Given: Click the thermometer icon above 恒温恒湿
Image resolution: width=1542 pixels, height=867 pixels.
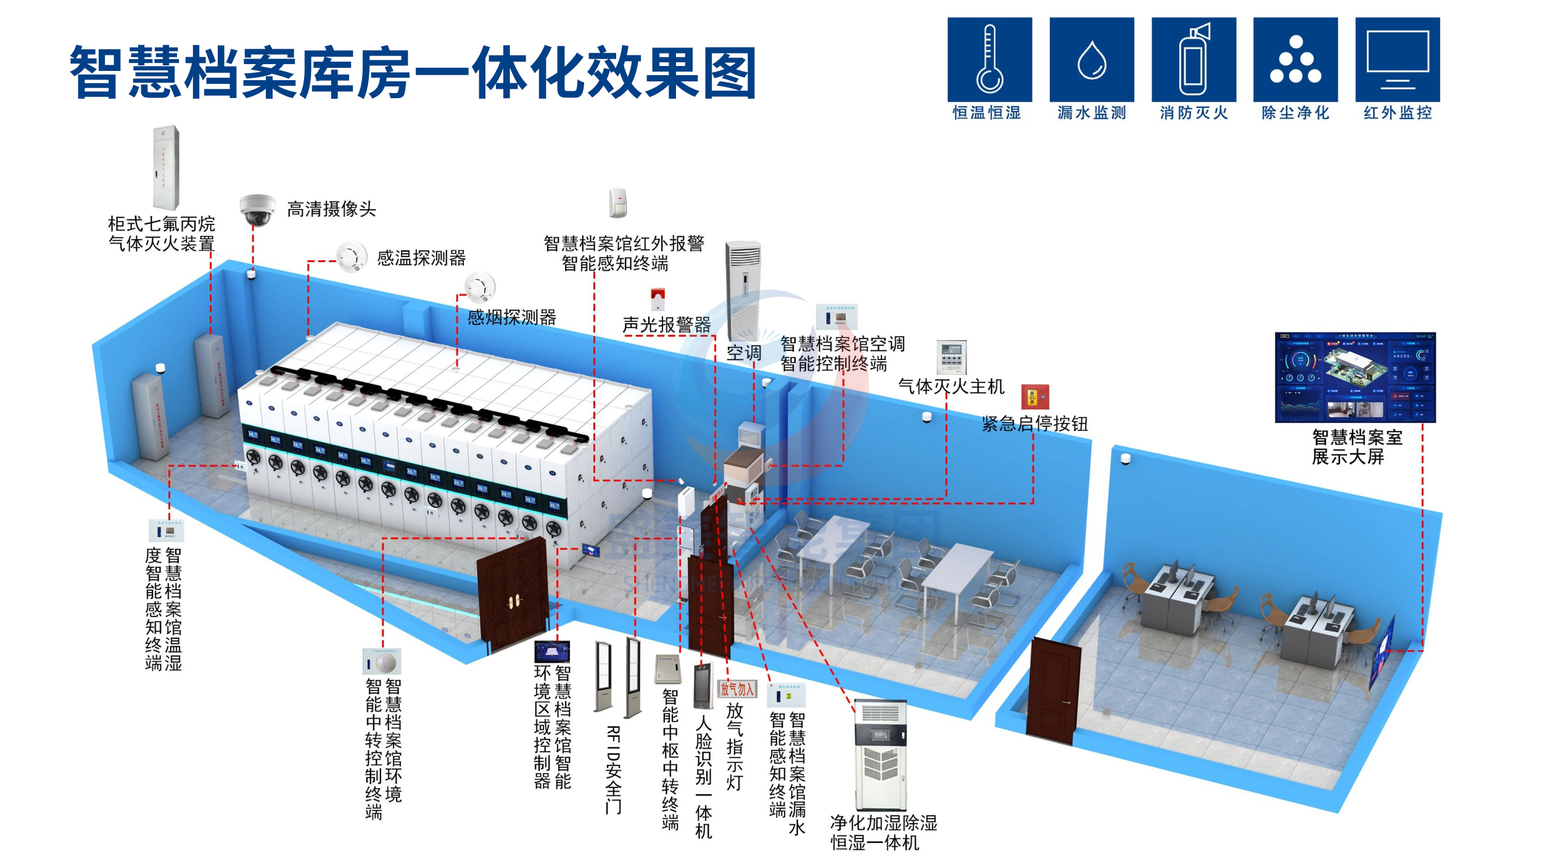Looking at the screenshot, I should pos(989,59).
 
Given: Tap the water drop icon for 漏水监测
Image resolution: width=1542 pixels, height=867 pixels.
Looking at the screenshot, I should pos(1091,60).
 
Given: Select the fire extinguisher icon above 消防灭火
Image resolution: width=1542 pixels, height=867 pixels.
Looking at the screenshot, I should pos(1194,59).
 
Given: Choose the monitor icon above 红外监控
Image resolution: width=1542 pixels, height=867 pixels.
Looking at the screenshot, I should pos(1397,59).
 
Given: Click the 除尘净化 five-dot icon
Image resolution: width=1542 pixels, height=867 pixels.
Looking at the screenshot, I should pos(1295,59).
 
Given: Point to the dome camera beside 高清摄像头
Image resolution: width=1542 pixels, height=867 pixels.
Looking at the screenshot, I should pos(257,210).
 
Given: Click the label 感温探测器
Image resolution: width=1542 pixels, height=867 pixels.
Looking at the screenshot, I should pos(421,258).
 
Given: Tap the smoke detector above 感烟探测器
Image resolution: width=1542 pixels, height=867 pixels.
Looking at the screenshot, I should pos(479,286).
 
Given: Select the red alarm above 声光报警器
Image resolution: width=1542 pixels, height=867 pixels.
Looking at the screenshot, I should pos(658,300).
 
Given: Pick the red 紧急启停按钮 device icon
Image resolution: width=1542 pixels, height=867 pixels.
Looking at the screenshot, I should pos(1034,397).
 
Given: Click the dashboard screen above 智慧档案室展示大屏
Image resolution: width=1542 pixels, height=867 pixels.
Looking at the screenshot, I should pos(1355,377).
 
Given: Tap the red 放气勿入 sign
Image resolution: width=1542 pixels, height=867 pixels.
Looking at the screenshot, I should pos(736,689).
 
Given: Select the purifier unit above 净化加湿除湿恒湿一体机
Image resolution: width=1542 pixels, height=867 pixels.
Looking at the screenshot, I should pos(880,756).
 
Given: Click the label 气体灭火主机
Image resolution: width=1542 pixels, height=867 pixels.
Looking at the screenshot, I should pos(951,387).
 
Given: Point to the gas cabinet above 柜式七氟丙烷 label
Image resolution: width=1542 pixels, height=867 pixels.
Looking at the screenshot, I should pos(165,168).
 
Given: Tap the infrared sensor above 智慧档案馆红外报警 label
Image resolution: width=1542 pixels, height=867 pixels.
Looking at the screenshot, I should pos(617,203).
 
